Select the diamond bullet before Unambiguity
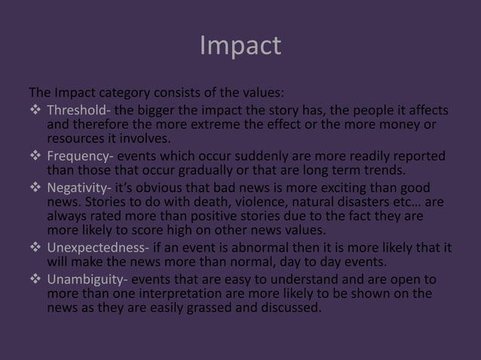35,280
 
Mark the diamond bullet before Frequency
35,157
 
